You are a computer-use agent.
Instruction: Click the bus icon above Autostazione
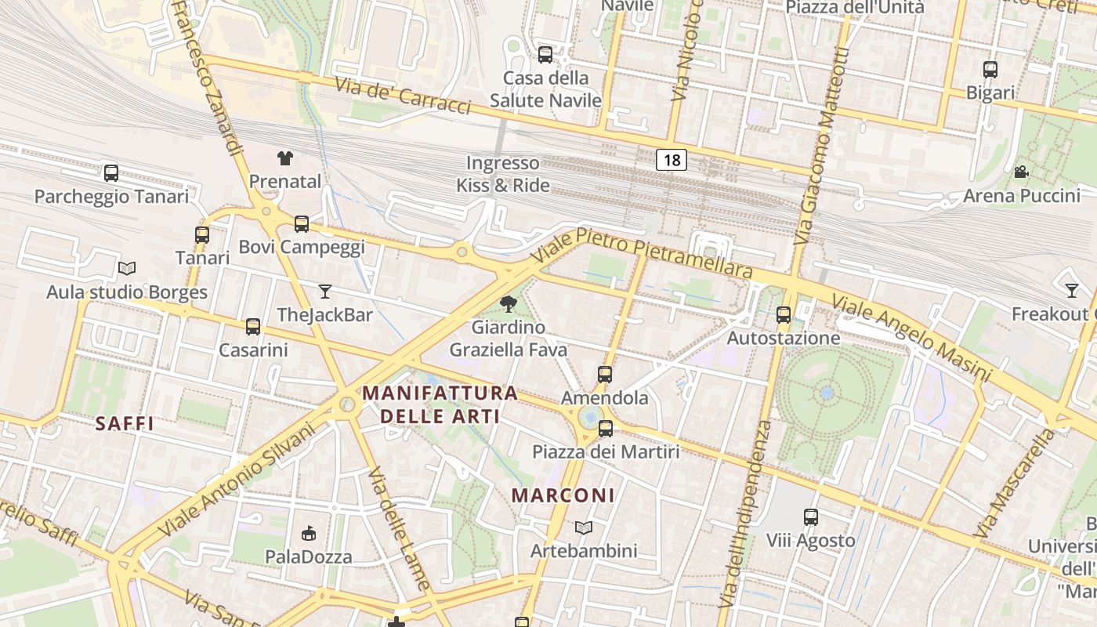point(783,315)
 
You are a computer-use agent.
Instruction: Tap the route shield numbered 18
point(672,160)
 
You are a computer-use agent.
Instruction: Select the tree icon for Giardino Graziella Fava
point(509,304)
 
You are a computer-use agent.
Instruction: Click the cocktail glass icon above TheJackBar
point(325,292)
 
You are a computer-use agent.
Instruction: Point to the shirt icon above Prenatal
point(285,158)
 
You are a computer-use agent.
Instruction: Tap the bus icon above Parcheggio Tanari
point(111,173)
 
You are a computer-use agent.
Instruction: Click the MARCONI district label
point(563,495)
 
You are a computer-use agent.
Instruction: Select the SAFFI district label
point(124,424)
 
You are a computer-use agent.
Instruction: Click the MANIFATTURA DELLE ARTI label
point(441,404)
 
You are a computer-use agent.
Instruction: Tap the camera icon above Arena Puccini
point(1021,172)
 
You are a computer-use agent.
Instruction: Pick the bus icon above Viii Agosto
point(810,517)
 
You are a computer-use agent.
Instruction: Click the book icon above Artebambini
point(584,527)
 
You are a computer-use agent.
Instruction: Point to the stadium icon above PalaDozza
point(309,534)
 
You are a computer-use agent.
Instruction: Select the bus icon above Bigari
point(990,70)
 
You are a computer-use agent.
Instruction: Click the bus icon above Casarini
point(253,327)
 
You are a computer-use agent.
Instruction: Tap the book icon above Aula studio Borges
point(127,269)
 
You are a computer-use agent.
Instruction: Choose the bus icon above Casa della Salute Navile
point(545,55)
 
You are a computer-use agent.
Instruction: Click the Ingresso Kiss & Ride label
point(503,174)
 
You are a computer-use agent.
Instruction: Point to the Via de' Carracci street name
point(403,96)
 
